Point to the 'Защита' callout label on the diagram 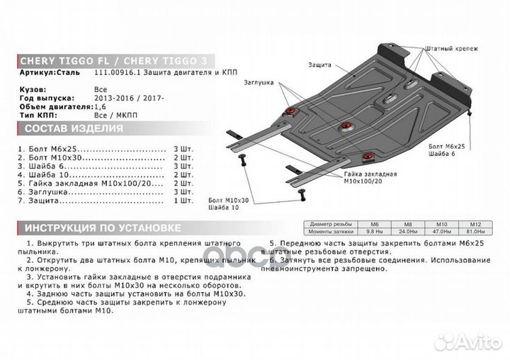point(319,65)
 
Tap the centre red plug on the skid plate point(345,126)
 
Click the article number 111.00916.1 point(118,73)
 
